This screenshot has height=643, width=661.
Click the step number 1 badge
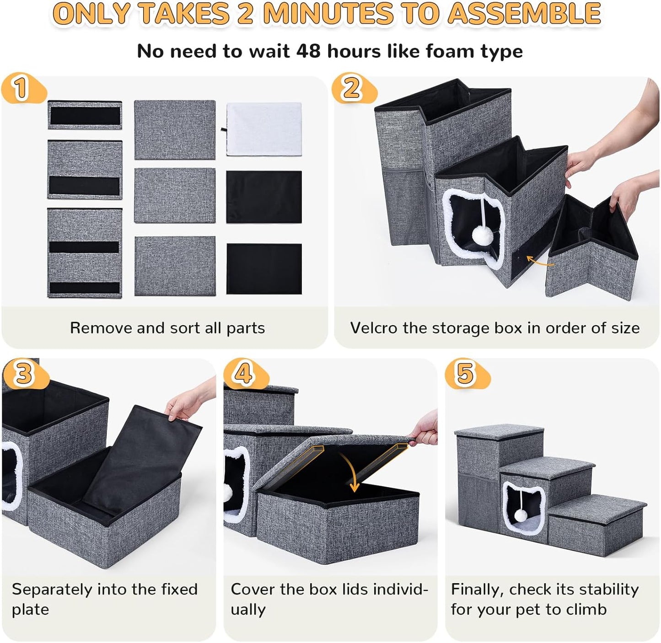coord(21,88)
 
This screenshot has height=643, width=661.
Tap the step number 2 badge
coord(351,88)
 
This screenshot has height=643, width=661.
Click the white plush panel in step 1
coord(264,130)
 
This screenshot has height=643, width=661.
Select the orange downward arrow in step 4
coord(352,476)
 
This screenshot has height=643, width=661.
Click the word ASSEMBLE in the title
coord(523,14)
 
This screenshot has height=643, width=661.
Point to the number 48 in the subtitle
coord(308,51)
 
